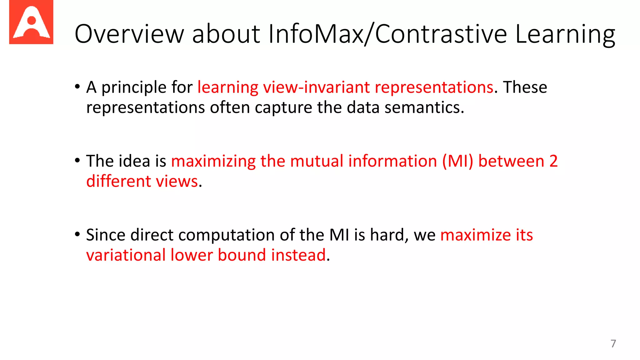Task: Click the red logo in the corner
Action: point(31,22)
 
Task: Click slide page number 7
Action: point(613,343)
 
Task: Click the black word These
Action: point(525,87)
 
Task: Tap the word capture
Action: point(283,108)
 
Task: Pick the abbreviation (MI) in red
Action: point(457,162)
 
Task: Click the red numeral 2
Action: point(553,161)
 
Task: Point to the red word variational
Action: point(126,255)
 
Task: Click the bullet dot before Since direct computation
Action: point(77,234)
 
